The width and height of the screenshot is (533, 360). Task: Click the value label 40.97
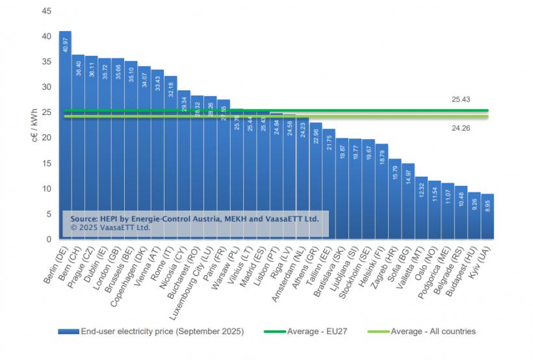(66, 45)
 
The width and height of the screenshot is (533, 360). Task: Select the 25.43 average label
(461, 99)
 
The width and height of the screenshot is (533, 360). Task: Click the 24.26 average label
(461, 129)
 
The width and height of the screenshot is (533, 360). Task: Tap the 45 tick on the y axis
(45, 11)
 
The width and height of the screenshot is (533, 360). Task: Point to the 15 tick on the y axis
(45, 163)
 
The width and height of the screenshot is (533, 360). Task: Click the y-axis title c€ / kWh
(33, 125)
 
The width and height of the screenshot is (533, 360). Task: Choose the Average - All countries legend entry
(433, 331)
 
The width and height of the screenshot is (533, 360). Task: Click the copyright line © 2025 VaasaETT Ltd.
(110, 228)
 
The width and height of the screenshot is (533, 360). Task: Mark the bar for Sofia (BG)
(408, 201)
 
